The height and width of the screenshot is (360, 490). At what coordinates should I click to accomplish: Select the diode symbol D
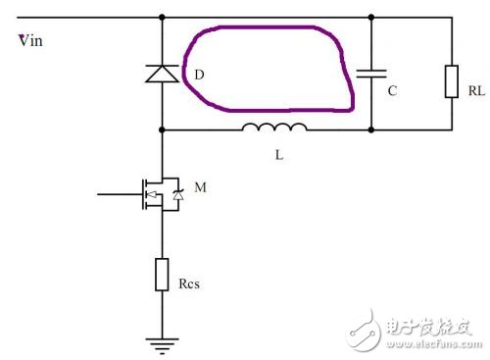coord(161,74)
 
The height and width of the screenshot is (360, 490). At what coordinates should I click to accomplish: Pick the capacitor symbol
coord(373,74)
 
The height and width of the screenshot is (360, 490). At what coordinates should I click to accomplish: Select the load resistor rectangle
coord(452,80)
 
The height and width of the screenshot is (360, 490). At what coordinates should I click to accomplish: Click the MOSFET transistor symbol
coord(160,195)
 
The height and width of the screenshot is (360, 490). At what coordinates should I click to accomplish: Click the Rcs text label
coord(190,286)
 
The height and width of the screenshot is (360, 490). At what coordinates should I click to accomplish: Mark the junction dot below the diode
coord(161,129)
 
